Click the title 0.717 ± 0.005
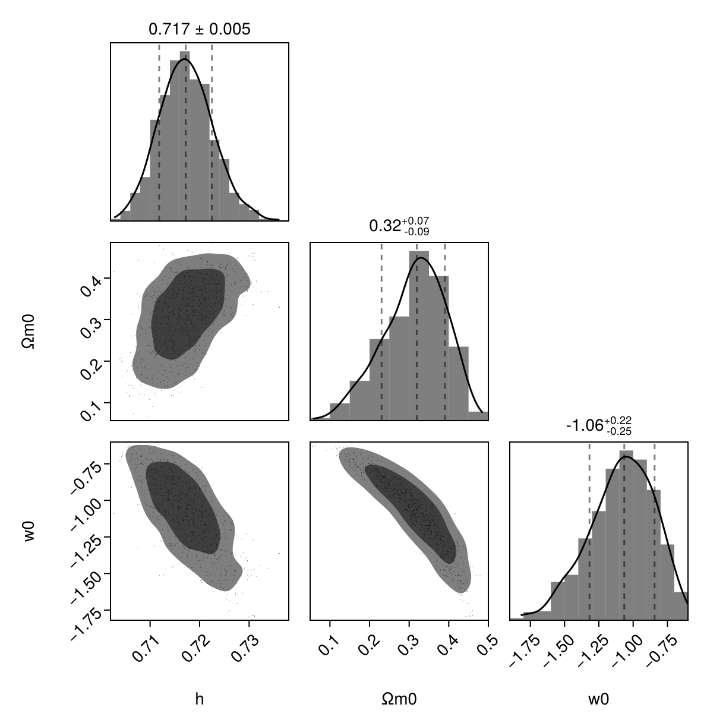coord(199,29)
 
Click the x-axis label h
coord(200,699)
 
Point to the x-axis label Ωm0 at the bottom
coord(399,699)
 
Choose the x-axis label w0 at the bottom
coord(598,699)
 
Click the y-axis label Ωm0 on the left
coord(29,332)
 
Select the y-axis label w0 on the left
coord(29,531)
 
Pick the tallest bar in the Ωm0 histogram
coord(419,333)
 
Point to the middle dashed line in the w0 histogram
coord(624,535)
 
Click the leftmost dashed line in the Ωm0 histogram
coord(381,333)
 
